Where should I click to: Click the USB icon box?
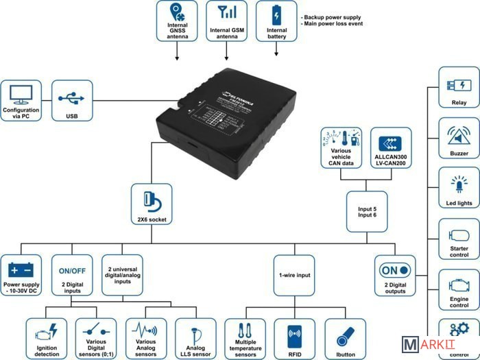coord(72,101)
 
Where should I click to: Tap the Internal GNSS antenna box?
coord(177,21)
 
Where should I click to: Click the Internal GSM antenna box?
coord(226,21)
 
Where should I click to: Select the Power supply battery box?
coord(23,276)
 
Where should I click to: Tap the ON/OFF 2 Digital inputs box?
coord(73,276)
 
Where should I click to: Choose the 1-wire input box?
coord(295,276)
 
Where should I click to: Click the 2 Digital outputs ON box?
coord(395,276)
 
